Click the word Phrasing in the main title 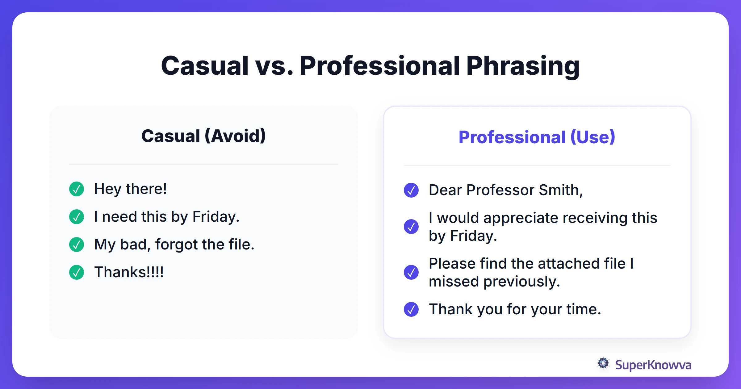tap(523, 66)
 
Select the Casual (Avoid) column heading tap(203, 136)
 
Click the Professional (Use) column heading tap(537, 137)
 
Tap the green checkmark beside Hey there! tap(77, 189)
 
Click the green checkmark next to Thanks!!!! tap(77, 272)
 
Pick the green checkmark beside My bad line tap(77, 245)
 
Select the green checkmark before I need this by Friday tap(77, 217)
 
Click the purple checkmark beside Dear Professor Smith tap(411, 190)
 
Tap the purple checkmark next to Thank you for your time tap(411, 309)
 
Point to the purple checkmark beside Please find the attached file tap(411, 272)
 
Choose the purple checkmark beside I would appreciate tap(411, 227)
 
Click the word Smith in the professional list tap(560, 190)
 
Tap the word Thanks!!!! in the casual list tap(129, 272)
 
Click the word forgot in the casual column tap(176, 245)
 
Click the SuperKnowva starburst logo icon tap(603, 363)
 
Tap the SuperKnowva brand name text tap(653, 365)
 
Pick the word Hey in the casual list tap(107, 189)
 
